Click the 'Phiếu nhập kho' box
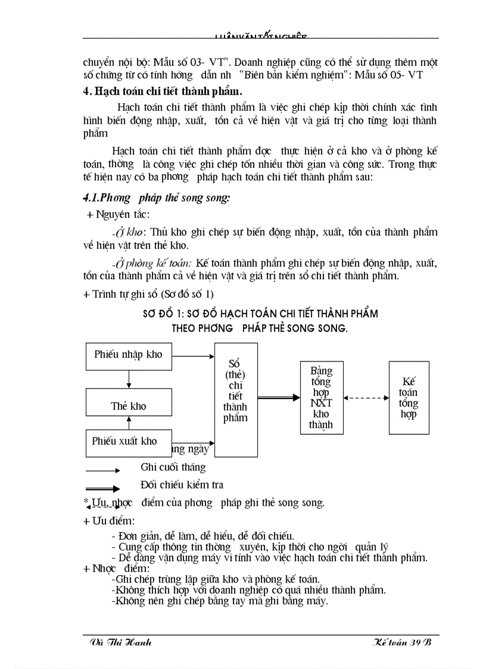129,355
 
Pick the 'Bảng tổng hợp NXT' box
321,398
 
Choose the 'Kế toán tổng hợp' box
409,397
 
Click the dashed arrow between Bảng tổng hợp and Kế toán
366,398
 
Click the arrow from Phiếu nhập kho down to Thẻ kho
129,379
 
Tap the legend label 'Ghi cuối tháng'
173,467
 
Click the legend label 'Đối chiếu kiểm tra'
182,485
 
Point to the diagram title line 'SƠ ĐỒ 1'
260,313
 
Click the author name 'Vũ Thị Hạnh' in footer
120,642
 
